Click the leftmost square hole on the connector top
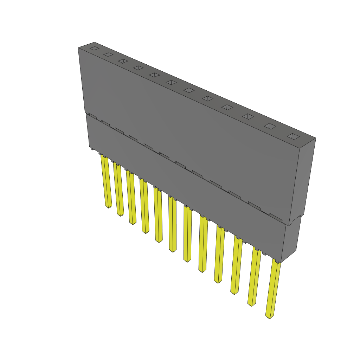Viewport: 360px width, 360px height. pos(94,48)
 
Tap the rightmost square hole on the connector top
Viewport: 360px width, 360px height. pos(293,136)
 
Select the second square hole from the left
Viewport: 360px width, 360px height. pos(108,54)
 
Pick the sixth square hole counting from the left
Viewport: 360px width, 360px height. pos(171,82)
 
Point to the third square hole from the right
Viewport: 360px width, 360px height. pos(248,116)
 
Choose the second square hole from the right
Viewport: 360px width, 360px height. pos(270,126)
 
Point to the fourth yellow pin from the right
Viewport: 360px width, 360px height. pos(219,255)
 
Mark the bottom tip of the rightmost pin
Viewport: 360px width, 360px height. pos(269,317)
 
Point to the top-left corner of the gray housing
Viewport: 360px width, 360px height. pos(78,48)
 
